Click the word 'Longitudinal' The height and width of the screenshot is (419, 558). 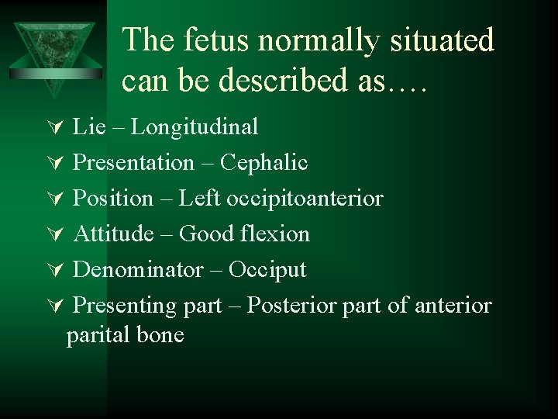(x=195, y=126)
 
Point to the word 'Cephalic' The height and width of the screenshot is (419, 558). (x=264, y=163)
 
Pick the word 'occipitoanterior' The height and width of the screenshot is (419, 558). (x=305, y=199)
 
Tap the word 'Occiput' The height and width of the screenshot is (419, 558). (x=267, y=270)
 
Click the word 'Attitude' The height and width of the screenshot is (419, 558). (x=114, y=234)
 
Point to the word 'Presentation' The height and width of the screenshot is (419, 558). (x=133, y=163)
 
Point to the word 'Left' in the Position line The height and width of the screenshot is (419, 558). (x=200, y=199)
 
